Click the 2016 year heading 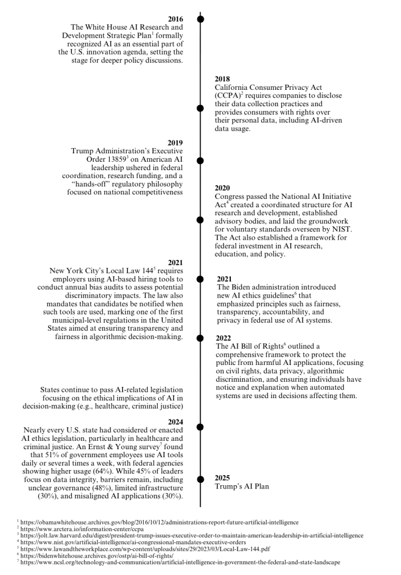coord(175,19)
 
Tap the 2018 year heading coord(223,79)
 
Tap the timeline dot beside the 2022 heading coord(200,338)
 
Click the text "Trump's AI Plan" coord(241,487)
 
